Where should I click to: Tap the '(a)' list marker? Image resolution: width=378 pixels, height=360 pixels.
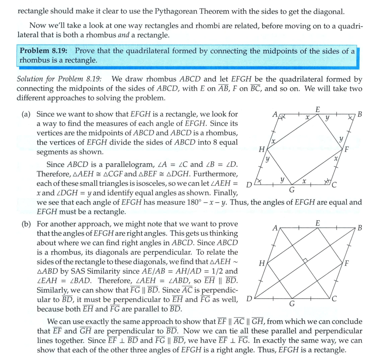26,114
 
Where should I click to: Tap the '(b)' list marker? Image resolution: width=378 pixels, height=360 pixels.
26,224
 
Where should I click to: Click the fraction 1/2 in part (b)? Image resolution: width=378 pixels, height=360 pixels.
215,271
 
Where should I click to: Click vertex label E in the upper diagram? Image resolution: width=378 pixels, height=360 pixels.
317,109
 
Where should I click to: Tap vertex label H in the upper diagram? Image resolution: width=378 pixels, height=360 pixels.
261,149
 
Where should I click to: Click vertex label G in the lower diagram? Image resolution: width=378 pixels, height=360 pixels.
292,304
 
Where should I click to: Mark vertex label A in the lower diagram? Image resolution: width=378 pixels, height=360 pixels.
275,227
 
